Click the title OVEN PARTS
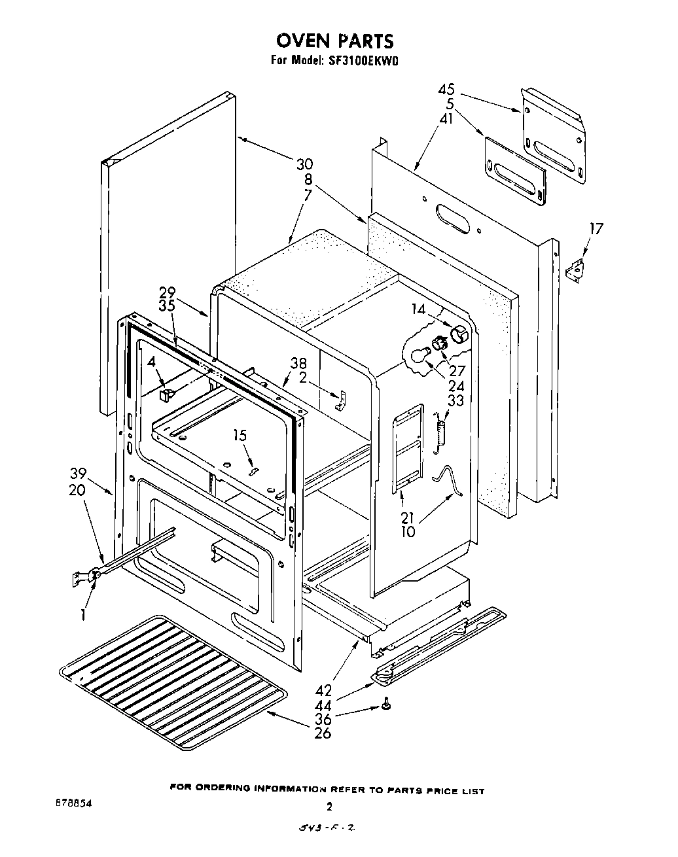[334, 41]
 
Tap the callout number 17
[595, 228]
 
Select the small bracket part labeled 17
[575, 270]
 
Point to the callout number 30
[304, 164]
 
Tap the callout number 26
[322, 733]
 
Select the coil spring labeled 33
[441, 432]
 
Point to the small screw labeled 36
[387, 705]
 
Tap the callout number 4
[151, 362]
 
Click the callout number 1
[84, 614]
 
